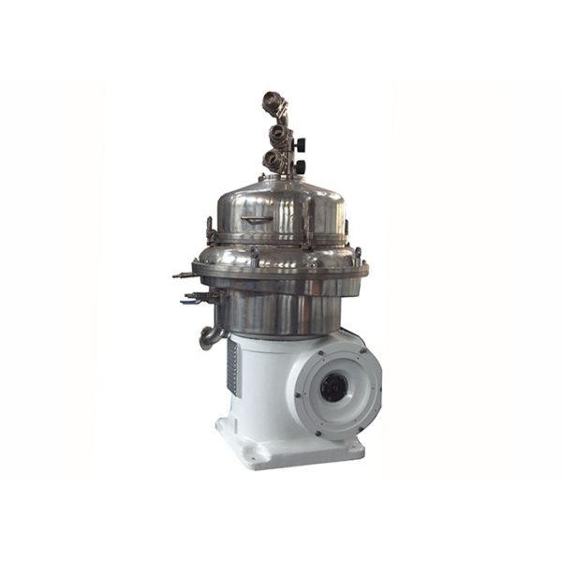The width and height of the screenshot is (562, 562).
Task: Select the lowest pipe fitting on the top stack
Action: click(x=274, y=159)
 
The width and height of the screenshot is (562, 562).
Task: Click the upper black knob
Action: click(x=300, y=144)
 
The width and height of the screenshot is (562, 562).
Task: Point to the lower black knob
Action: click(x=301, y=166)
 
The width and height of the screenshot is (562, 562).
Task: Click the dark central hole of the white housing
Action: click(x=333, y=386)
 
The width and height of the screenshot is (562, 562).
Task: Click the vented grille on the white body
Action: click(x=231, y=365)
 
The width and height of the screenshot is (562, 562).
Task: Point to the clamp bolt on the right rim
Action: click(x=356, y=255)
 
